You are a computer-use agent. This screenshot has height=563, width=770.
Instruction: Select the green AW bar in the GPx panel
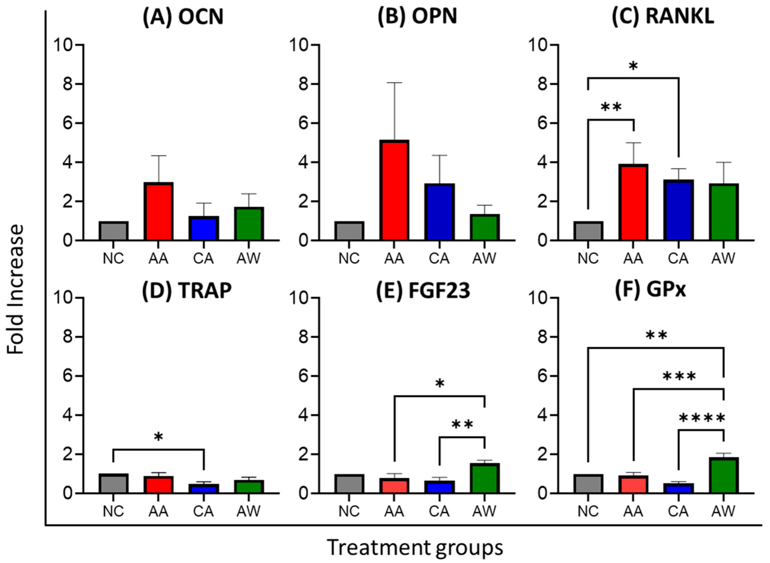click(723, 475)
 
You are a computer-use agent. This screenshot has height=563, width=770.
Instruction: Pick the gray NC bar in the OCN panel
click(113, 231)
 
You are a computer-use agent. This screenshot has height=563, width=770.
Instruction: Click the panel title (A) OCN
click(183, 17)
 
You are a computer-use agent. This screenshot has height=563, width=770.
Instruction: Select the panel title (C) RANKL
click(663, 17)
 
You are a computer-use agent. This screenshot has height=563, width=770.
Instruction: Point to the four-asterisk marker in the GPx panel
click(702, 418)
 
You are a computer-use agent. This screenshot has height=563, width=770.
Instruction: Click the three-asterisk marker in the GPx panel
click(679, 377)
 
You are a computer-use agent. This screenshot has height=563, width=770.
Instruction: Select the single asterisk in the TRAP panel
click(158, 437)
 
